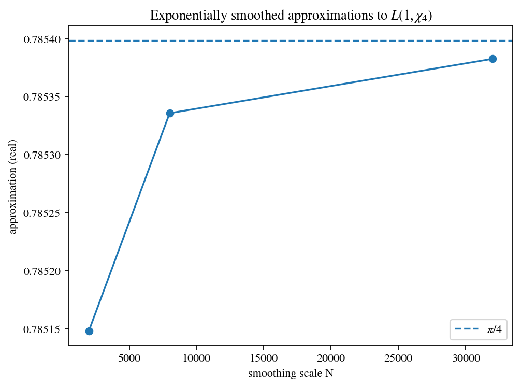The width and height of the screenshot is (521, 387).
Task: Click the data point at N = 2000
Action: [89, 331]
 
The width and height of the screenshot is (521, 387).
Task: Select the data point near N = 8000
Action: [170, 113]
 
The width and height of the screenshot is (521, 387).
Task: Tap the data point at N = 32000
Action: [493, 59]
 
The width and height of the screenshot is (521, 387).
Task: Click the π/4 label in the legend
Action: [494, 329]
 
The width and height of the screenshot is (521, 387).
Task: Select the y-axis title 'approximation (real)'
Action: [13, 187]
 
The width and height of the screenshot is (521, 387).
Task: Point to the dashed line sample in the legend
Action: [465, 329]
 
